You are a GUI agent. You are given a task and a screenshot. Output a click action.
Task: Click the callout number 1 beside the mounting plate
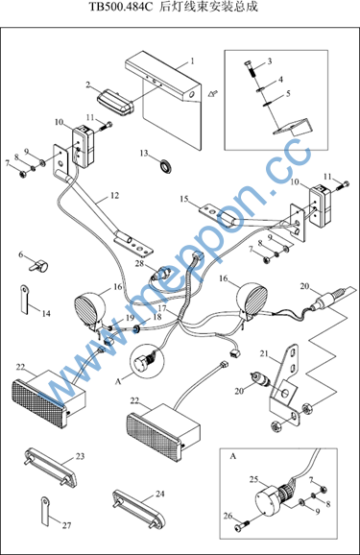coord(192,61)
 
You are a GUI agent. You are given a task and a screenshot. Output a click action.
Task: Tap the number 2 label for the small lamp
coord(88,84)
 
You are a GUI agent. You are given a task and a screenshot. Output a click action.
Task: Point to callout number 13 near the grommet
coord(144,153)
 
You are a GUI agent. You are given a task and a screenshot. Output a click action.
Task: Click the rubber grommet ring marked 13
coord(165,166)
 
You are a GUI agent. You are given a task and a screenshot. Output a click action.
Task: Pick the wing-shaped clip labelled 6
coord(39,265)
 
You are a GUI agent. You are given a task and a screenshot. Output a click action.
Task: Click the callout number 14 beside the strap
coord(46,314)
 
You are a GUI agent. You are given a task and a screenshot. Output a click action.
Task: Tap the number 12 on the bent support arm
coord(114,195)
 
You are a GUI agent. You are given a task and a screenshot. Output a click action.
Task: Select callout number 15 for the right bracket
coord(184,199)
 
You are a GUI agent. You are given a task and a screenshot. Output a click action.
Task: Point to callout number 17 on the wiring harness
coord(162,308)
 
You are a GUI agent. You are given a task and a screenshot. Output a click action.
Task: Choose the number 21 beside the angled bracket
coord(264,353)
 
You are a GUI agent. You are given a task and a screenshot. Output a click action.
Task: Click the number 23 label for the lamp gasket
coord(81,456)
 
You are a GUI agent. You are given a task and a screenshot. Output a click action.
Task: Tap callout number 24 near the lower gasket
coord(160,494)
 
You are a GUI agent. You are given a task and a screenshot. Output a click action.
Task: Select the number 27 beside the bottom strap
coord(67,525)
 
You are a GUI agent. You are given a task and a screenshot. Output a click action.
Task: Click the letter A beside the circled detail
coord(118,381)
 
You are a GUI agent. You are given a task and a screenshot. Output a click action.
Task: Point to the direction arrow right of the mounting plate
coord(213,93)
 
